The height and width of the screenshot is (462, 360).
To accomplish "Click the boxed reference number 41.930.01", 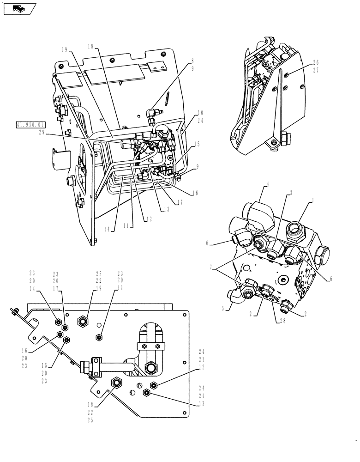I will (30, 125).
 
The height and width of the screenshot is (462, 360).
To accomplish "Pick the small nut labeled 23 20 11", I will (98, 338).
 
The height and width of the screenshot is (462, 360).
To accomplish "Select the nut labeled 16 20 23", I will (60, 334).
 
